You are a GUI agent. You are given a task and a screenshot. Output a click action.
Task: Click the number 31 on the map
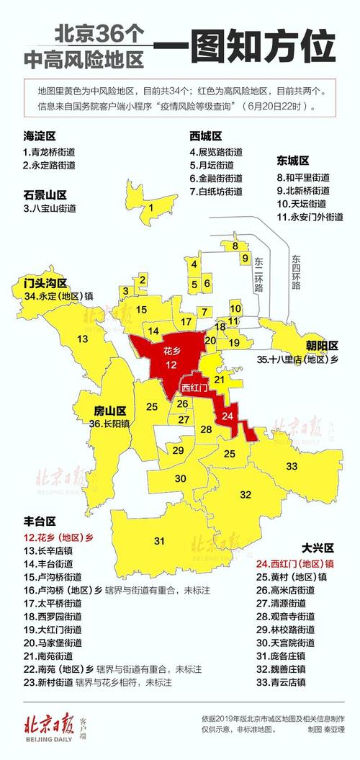159,540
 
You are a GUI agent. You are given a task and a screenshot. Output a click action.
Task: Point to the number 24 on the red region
228,416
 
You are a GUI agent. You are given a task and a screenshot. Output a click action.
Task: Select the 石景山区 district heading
44,195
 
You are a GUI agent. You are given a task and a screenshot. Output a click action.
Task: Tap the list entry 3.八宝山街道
49,208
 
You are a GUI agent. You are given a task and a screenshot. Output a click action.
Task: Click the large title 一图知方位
245,48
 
